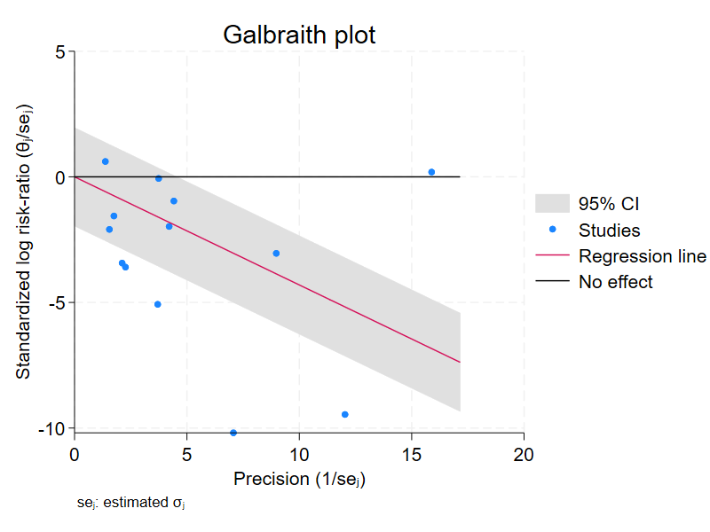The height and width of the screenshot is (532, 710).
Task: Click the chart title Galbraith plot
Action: [299, 35]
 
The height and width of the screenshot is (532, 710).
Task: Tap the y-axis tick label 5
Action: [59, 52]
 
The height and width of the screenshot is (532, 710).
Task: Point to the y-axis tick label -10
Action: [52, 428]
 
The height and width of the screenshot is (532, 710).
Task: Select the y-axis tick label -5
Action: [56, 303]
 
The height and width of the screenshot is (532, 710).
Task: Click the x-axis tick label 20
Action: [524, 454]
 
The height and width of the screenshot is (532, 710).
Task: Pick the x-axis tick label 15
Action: [411, 454]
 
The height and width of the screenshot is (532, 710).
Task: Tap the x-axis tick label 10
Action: [299, 454]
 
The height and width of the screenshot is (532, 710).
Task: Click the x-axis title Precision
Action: [299, 480]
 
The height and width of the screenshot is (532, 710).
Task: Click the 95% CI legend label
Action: [609, 204]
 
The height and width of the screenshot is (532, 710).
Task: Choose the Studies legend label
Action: [609, 231]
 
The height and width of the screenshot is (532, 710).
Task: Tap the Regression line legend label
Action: [642, 256]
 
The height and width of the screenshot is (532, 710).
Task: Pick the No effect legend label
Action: [615, 282]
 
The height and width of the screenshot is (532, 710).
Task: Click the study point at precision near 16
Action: [431, 172]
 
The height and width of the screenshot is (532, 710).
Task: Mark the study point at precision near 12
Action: [344, 414]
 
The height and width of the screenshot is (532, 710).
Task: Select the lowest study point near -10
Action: [233, 433]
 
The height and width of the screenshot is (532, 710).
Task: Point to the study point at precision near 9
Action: [276, 254]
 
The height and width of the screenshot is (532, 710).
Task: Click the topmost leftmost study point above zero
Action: [106, 161]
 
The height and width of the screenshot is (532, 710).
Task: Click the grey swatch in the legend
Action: [551, 204]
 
